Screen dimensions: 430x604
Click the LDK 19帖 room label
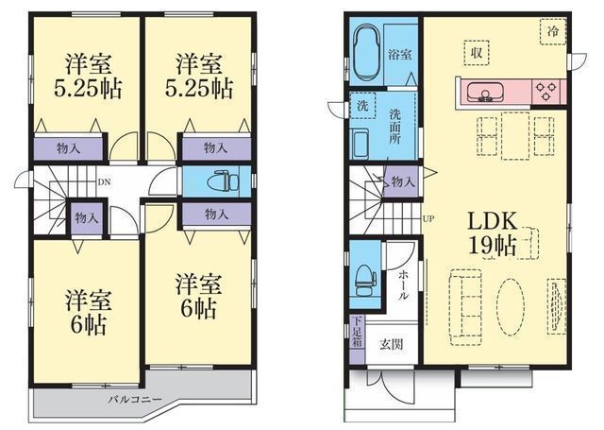(x=492, y=232)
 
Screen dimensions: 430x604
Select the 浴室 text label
(x=400, y=54)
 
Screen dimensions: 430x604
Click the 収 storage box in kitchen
(x=478, y=52)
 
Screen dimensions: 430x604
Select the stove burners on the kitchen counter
(x=545, y=92)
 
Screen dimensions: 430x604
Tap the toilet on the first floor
(x=364, y=276)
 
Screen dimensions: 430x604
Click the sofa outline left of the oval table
(x=464, y=301)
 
